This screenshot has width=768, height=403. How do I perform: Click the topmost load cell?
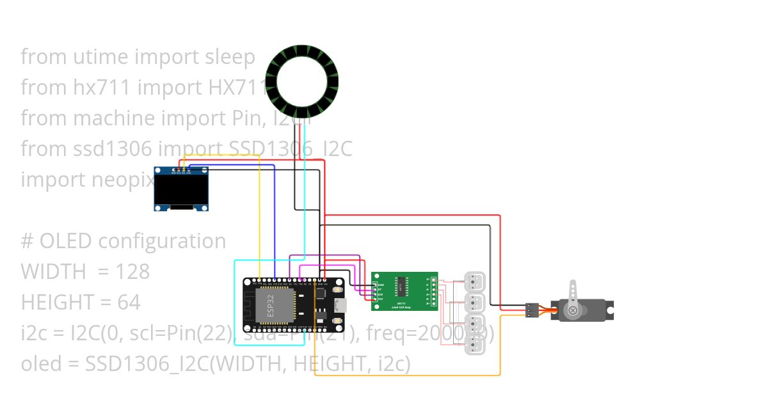pos(474,281)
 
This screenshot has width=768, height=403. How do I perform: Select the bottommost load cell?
pos(474,345)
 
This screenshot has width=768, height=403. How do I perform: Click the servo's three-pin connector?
pos(532,310)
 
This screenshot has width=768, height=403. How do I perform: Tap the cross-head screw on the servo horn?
pos(573,311)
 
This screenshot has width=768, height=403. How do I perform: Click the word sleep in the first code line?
pos(230,57)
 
